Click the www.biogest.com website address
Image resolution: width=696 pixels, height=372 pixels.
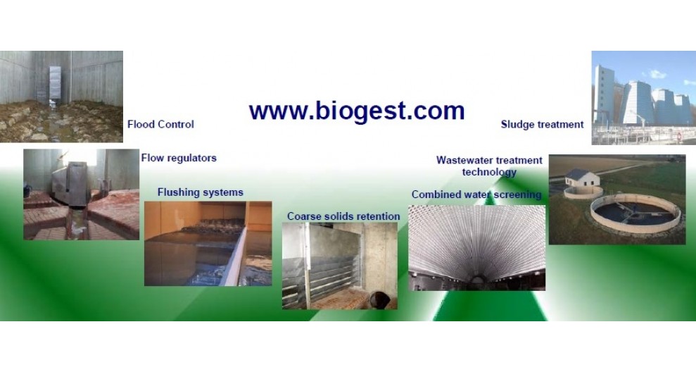[x=357, y=111]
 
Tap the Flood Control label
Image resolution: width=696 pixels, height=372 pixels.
[x=160, y=125]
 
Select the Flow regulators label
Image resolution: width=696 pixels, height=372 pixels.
[x=179, y=158]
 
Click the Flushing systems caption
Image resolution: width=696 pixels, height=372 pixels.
[x=200, y=192]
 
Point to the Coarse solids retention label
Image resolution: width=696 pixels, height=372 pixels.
[x=343, y=216]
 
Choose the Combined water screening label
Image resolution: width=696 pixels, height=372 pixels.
[x=476, y=194]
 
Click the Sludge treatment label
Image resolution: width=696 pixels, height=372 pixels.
[x=542, y=125]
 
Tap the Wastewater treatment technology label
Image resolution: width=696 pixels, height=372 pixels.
[x=489, y=166]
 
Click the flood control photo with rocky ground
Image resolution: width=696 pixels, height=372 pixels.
[x=61, y=97]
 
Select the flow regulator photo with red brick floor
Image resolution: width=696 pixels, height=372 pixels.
[x=81, y=194]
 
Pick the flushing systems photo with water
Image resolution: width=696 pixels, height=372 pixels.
[x=208, y=244]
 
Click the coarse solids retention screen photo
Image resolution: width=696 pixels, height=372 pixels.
[x=340, y=266]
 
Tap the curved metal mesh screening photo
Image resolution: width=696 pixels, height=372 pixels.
[x=476, y=248]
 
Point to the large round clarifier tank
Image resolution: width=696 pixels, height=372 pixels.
[x=635, y=213]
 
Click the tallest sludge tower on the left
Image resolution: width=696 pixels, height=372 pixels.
[x=604, y=94]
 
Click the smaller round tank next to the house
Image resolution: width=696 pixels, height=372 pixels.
[x=583, y=192]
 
